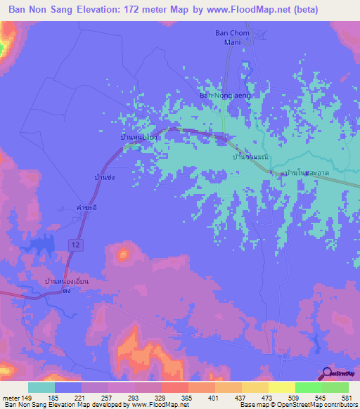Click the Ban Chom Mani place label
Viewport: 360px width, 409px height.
click(x=229, y=38)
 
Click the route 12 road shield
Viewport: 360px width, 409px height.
click(x=74, y=242)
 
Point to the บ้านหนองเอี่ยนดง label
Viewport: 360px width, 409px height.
click(x=64, y=285)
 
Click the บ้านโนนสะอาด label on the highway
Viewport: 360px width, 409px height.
click(x=303, y=172)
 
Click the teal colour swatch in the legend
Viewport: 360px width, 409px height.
click(x=41, y=387)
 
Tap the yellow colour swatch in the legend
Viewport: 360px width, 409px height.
click(x=281, y=387)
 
